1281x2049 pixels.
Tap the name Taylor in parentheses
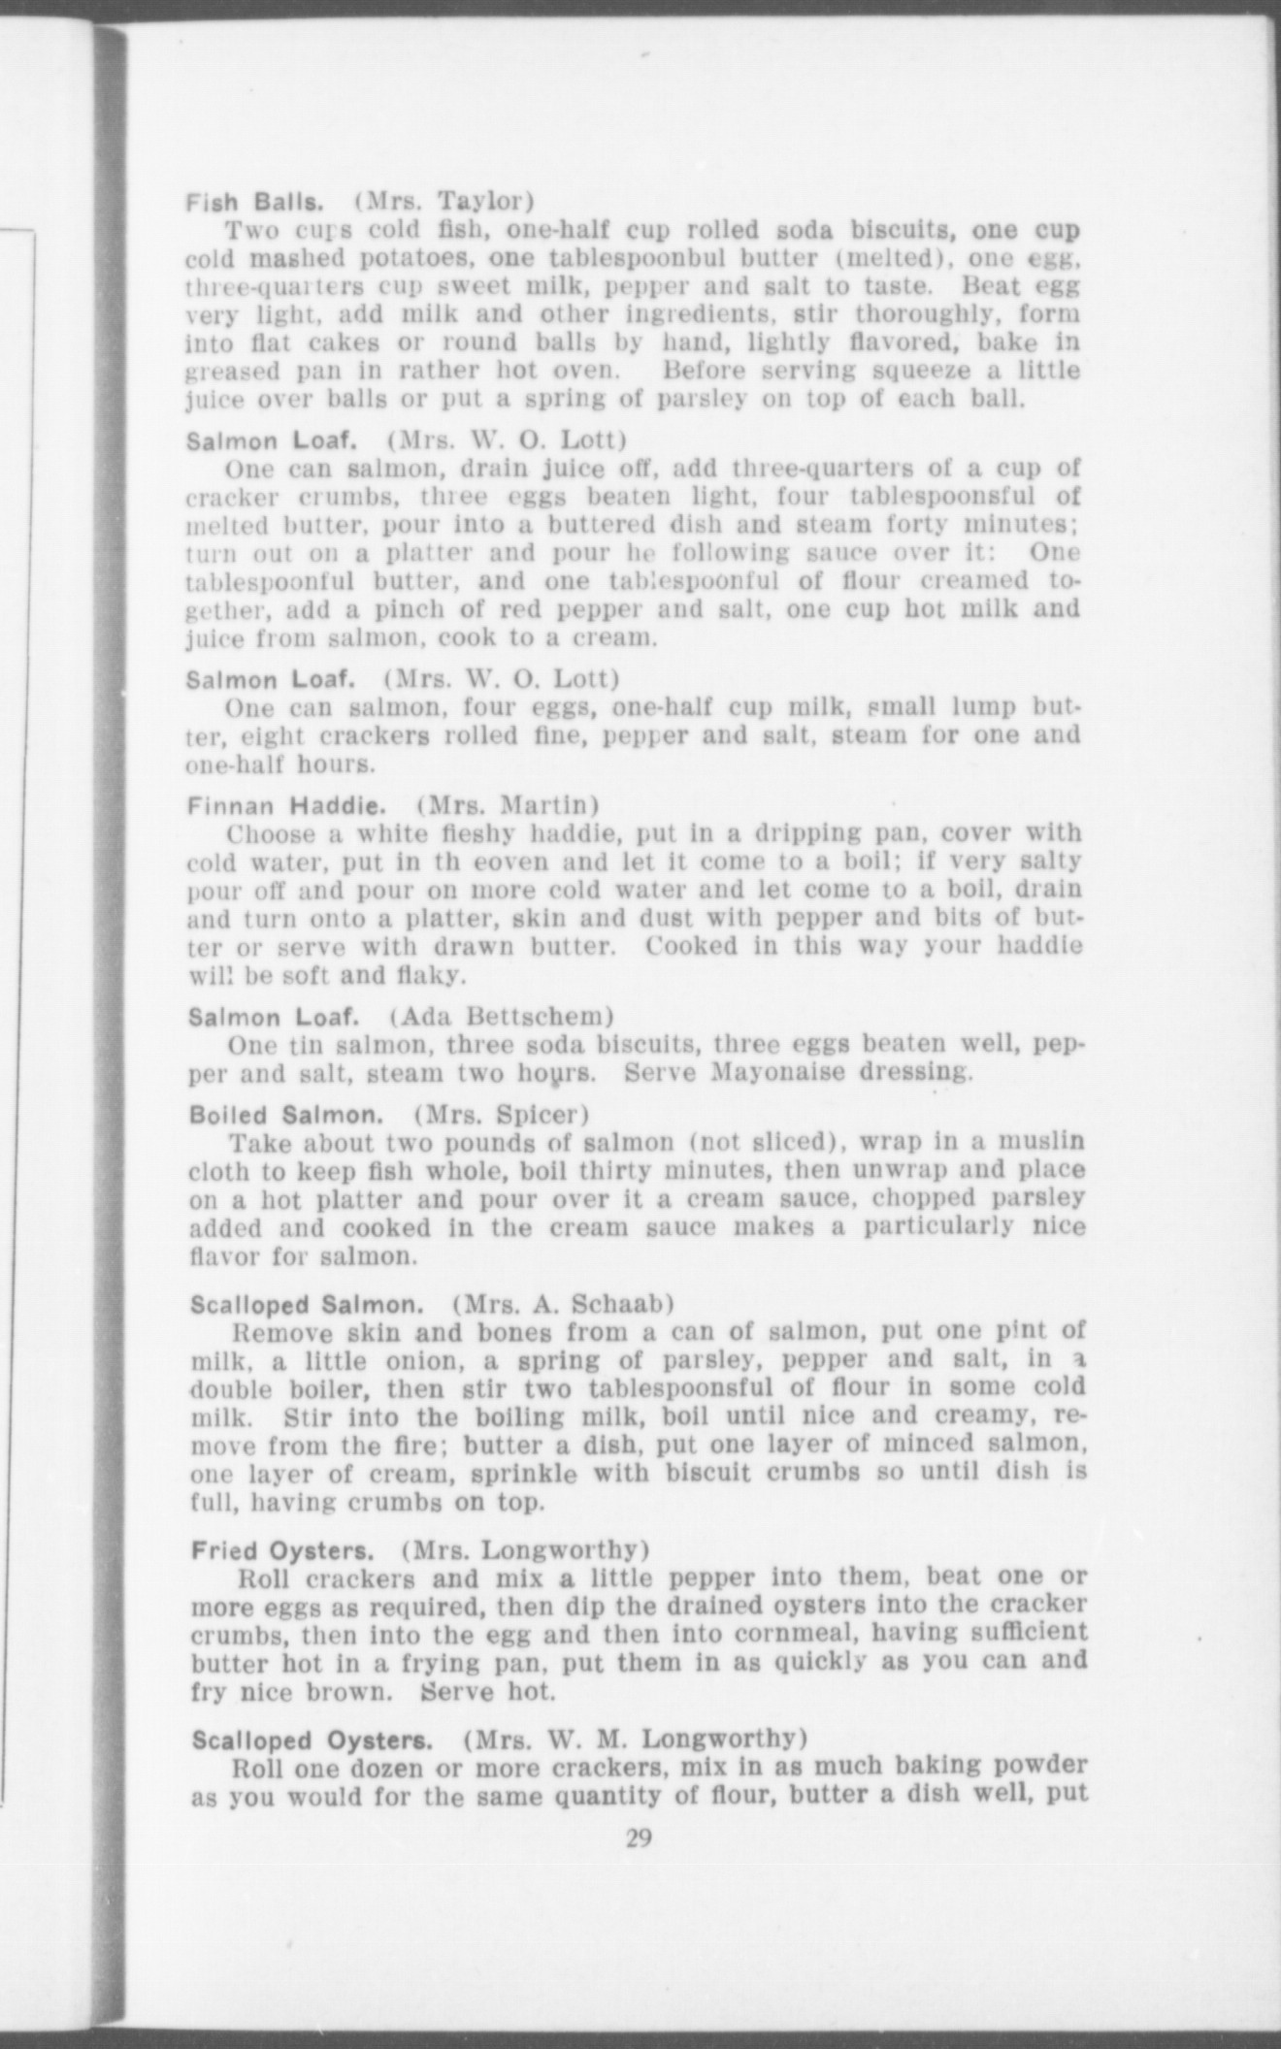tap(478, 202)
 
